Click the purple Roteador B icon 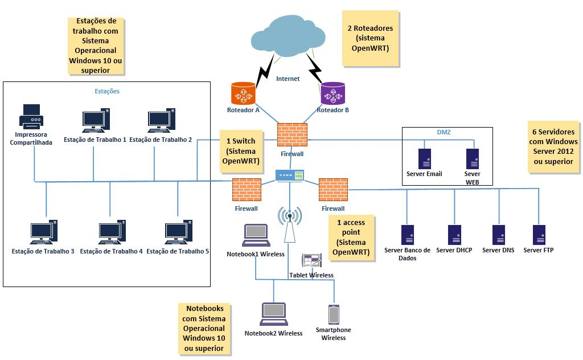pyautogui.click(x=332, y=93)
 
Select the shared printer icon pyautogui.click(x=31, y=117)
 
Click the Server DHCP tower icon pyautogui.click(x=454, y=235)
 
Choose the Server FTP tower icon pyautogui.click(x=539, y=235)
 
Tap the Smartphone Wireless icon pyautogui.click(x=334, y=315)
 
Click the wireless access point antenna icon pyautogui.click(x=290, y=224)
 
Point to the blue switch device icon pyautogui.click(x=290, y=175)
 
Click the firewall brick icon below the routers pyautogui.click(x=292, y=135)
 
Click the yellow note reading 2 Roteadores pyautogui.click(x=370, y=38)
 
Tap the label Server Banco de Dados pyautogui.click(x=408, y=254)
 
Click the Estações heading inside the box pyautogui.click(x=106, y=91)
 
